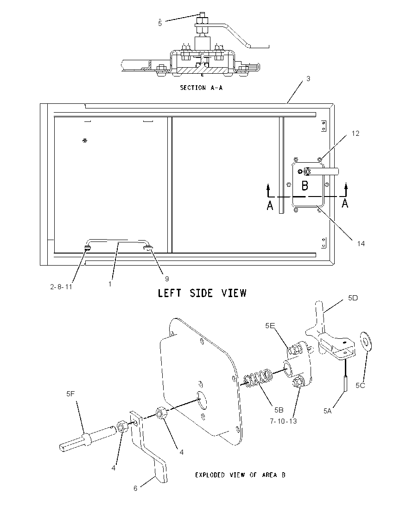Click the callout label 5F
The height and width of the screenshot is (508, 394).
click(x=70, y=394)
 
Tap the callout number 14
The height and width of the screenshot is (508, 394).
click(x=361, y=243)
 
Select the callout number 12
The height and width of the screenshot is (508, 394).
click(x=355, y=133)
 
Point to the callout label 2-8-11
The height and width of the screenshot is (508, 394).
click(x=61, y=287)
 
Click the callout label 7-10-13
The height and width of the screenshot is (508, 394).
click(x=283, y=421)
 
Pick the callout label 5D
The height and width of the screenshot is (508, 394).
click(x=353, y=298)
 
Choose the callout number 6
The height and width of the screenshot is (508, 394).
click(x=135, y=488)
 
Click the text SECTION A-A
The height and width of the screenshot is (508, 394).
click(x=201, y=88)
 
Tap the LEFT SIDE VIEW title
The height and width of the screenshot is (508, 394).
click(x=202, y=293)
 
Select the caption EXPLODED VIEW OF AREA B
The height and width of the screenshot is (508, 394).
click(x=240, y=475)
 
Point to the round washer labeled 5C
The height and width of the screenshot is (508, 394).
click(x=367, y=341)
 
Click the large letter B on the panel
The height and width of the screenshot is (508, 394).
click(x=305, y=186)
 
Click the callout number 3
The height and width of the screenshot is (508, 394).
click(x=308, y=79)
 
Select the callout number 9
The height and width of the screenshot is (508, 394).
click(x=167, y=279)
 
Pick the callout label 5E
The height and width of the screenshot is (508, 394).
click(x=270, y=325)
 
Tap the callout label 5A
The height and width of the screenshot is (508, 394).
click(x=328, y=411)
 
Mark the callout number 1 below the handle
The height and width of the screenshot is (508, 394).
click(x=110, y=284)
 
